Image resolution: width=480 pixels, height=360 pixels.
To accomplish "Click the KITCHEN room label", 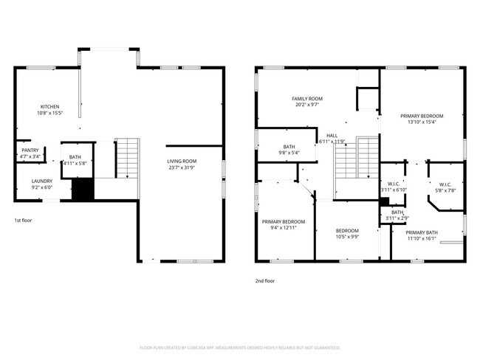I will pos(49,106).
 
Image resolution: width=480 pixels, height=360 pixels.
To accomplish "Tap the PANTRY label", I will pos(30,150).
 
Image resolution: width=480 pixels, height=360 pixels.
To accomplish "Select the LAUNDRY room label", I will pos(41,181).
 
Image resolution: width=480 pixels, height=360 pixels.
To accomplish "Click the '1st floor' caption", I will pos(23,220).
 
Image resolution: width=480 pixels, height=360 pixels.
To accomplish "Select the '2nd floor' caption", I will pos(265,280).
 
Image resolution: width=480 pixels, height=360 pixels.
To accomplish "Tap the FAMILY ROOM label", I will pos(307,98).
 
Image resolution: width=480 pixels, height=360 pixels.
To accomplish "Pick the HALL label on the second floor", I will pos(332,136).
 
